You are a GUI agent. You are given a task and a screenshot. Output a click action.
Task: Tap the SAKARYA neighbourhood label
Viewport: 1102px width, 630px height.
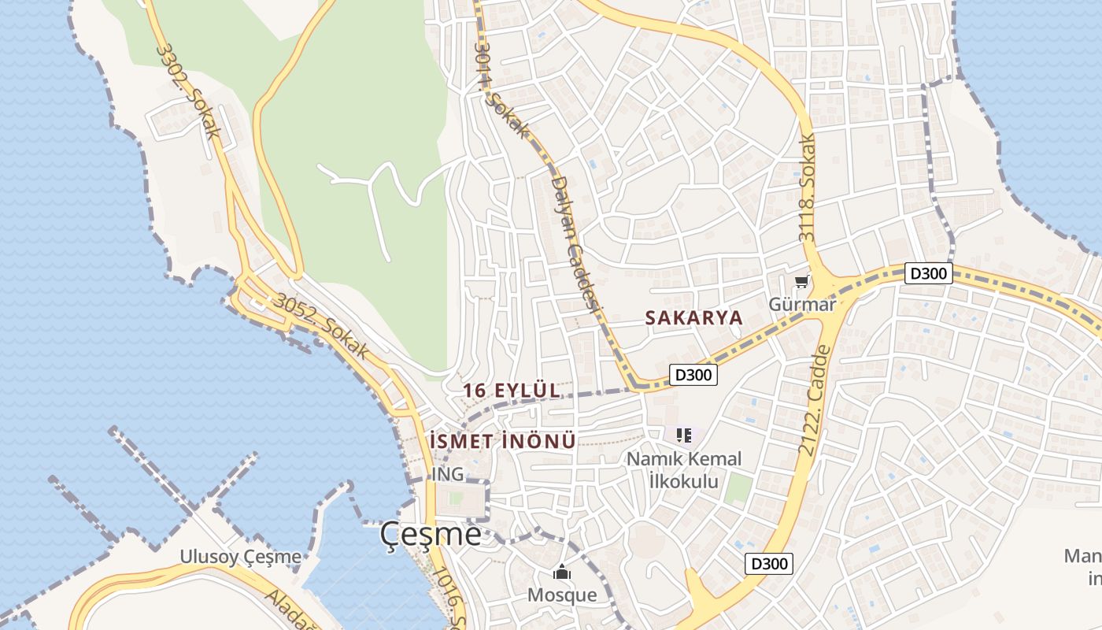[x=693, y=317]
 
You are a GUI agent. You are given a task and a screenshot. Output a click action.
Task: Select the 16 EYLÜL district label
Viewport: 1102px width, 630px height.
[x=512, y=390]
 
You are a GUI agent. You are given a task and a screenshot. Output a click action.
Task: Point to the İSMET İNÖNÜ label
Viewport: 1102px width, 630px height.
[x=503, y=441]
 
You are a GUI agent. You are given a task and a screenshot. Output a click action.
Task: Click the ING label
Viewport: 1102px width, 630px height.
[x=447, y=475]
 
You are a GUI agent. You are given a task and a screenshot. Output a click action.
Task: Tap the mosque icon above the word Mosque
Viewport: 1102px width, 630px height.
[x=561, y=572]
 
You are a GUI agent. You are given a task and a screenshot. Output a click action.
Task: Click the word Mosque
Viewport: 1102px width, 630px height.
[x=561, y=595]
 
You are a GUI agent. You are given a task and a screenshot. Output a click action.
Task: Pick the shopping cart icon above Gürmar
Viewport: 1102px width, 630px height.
[x=801, y=281]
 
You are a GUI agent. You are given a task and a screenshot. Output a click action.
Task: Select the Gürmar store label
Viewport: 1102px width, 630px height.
[x=801, y=304]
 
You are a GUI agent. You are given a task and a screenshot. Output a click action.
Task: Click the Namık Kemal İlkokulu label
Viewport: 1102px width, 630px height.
[x=684, y=469]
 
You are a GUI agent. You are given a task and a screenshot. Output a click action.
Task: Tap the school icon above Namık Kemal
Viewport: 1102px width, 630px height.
[x=683, y=434]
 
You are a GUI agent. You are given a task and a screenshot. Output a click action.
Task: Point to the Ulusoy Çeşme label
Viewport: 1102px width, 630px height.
[x=240, y=557]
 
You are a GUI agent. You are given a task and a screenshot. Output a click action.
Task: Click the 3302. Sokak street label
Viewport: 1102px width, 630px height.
[x=188, y=91]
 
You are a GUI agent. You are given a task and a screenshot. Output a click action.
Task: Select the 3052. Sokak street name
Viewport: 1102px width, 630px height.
[x=321, y=327]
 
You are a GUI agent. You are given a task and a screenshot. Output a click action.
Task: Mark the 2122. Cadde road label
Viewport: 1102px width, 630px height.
[x=814, y=401]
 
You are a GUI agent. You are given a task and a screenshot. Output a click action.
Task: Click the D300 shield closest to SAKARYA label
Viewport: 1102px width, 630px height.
[x=693, y=375]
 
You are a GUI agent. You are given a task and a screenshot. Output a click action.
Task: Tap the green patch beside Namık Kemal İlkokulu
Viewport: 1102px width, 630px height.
[x=738, y=489]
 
